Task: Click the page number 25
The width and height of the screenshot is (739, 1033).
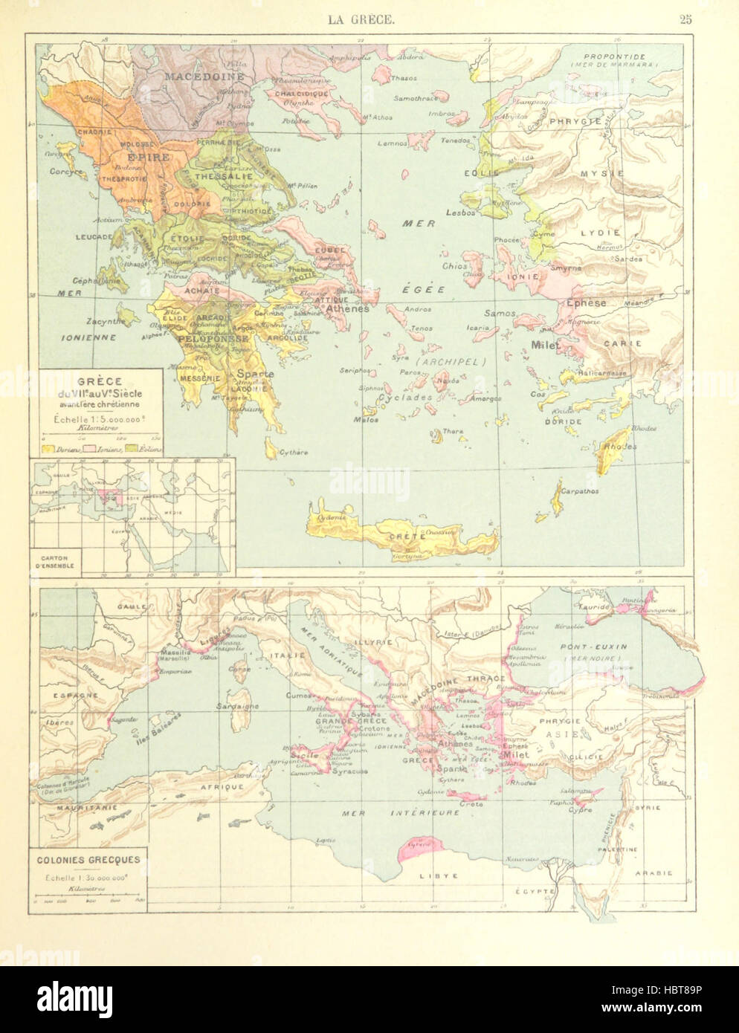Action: pyautogui.click(x=685, y=20)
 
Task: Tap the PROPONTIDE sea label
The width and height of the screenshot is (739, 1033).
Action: pyautogui.click(x=614, y=57)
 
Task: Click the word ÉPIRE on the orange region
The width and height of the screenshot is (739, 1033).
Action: pyautogui.click(x=149, y=158)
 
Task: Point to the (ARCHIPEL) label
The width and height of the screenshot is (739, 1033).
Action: pyautogui.click(x=451, y=362)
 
